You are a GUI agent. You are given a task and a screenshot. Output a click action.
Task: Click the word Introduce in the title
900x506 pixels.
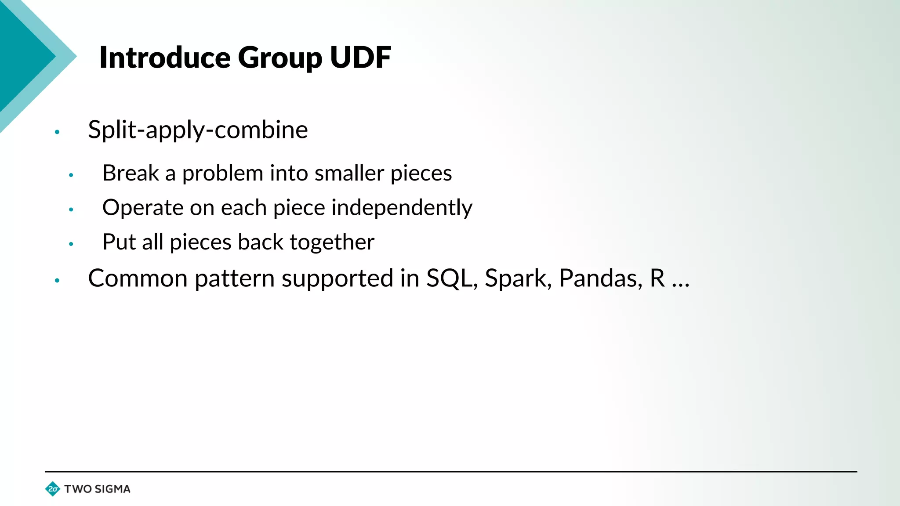[165, 58]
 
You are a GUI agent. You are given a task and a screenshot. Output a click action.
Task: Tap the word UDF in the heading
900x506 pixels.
[360, 58]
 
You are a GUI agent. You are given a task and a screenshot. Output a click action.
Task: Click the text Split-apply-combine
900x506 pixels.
[198, 130]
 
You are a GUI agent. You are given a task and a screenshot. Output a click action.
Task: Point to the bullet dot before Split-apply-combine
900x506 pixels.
[57, 132]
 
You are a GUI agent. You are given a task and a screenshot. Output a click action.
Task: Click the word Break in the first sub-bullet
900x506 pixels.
[131, 173]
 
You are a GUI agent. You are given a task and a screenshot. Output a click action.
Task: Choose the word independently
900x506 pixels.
[402, 208]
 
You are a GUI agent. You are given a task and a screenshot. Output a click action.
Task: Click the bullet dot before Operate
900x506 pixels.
[71, 210]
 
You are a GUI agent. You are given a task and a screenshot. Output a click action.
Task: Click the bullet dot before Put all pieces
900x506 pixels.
[71, 244]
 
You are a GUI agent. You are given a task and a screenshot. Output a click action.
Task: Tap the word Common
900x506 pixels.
[138, 278]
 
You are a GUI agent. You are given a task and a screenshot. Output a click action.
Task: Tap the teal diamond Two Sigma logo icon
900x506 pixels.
[53, 489]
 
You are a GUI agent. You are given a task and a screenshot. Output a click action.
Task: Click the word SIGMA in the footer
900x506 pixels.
[112, 489]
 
